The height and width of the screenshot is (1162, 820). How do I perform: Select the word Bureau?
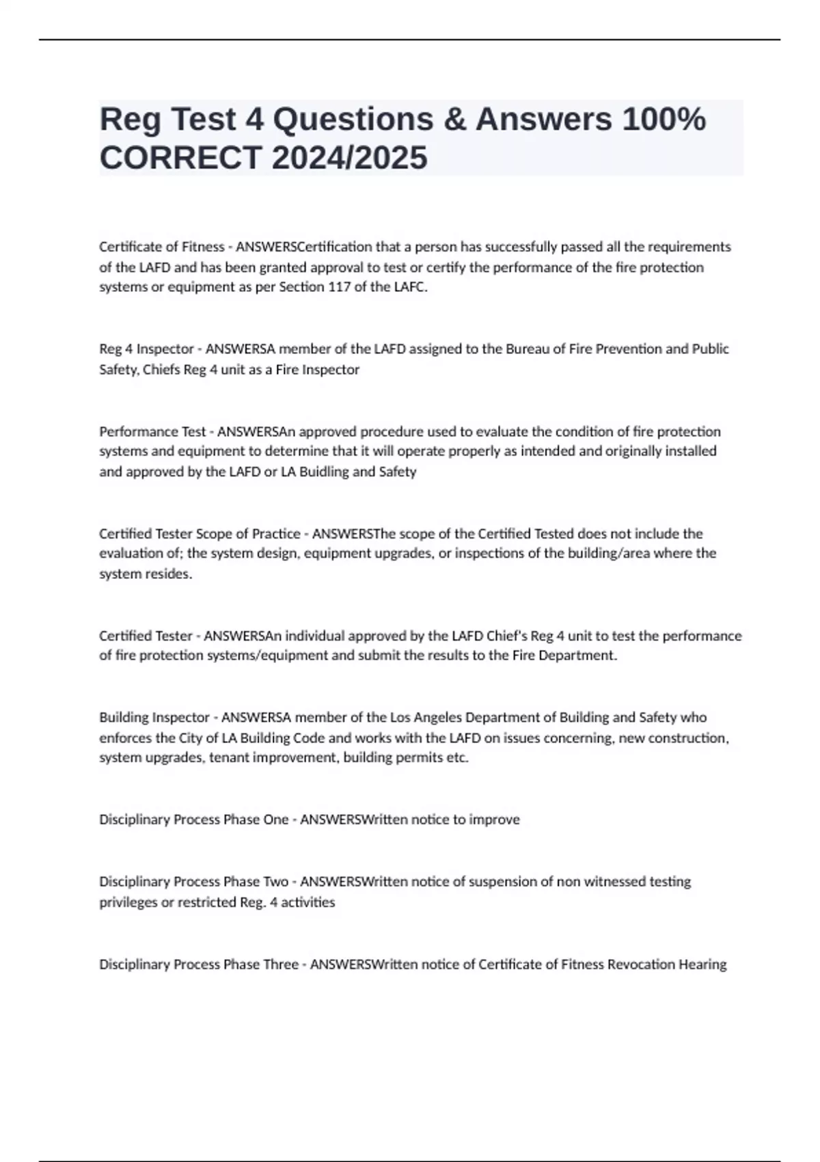click(527, 349)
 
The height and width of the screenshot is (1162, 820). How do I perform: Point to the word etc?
click(458, 758)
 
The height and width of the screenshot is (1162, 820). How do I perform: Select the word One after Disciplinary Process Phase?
click(275, 820)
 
